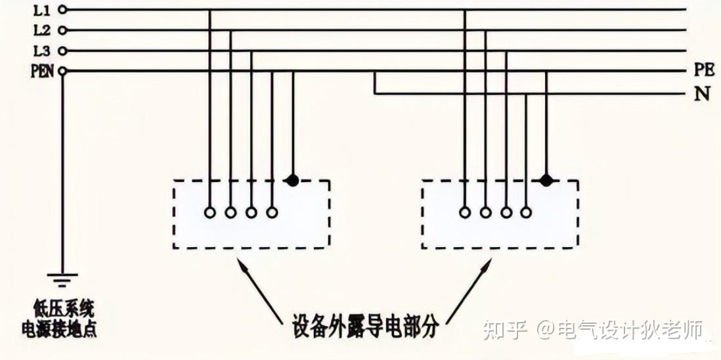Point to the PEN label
click(x=41, y=71)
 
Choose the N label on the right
click(x=702, y=94)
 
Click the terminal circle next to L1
click(x=62, y=10)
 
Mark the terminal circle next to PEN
click(x=62, y=71)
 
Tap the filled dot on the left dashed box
click(x=293, y=181)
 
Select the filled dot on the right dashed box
click(x=546, y=181)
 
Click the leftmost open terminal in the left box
click(x=209, y=212)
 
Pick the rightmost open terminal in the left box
click(x=272, y=212)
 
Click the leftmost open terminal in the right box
click(x=464, y=212)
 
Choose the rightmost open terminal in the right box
click(x=526, y=212)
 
